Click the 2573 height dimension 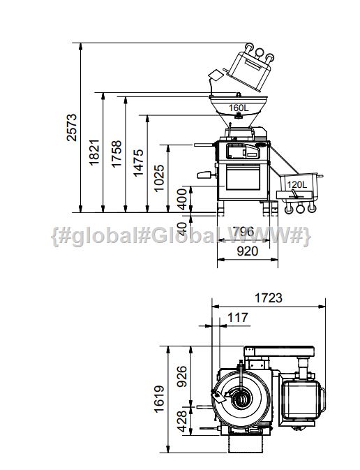coord(72,127)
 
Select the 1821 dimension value coord(94,152)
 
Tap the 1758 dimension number coord(117,154)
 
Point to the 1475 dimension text coord(138,163)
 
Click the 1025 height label coord(159,178)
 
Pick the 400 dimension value coord(181,199)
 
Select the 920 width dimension coord(248,251)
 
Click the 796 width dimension coord(243,231)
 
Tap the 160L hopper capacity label coord(239,108)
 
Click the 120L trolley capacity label coord(297,184)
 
